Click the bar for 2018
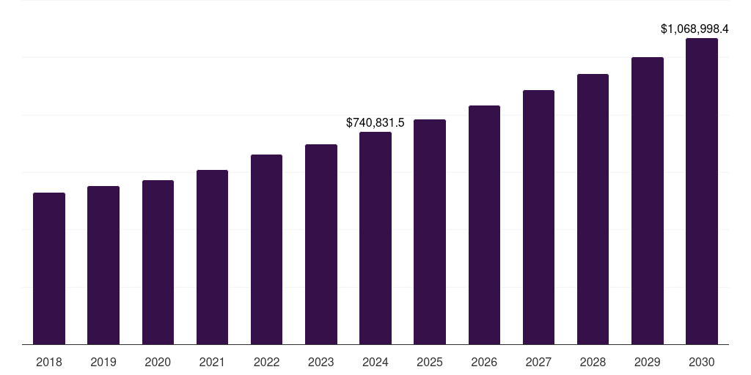click(49, 268)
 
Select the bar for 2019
click(103, 265)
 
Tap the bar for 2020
click(158, 262)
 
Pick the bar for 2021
click(212, 257)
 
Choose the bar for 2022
click(266, 249)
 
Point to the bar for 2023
click(321, 244)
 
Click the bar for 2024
click(375, 238)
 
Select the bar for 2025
click(430, 231)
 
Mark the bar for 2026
click(484, 225)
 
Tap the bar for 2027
click(538, 217)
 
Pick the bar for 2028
click(593, 209)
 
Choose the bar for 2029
click(648, 201)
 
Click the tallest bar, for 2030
click(702, 191)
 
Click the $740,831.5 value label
click(375, 122)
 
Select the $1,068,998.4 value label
click(695, 29)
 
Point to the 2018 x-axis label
click(49, 362)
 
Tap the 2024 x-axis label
click(375, 362)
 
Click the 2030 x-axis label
click(702, 362)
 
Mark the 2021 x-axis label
click(212, 362)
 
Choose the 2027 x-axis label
click(538, 362)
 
